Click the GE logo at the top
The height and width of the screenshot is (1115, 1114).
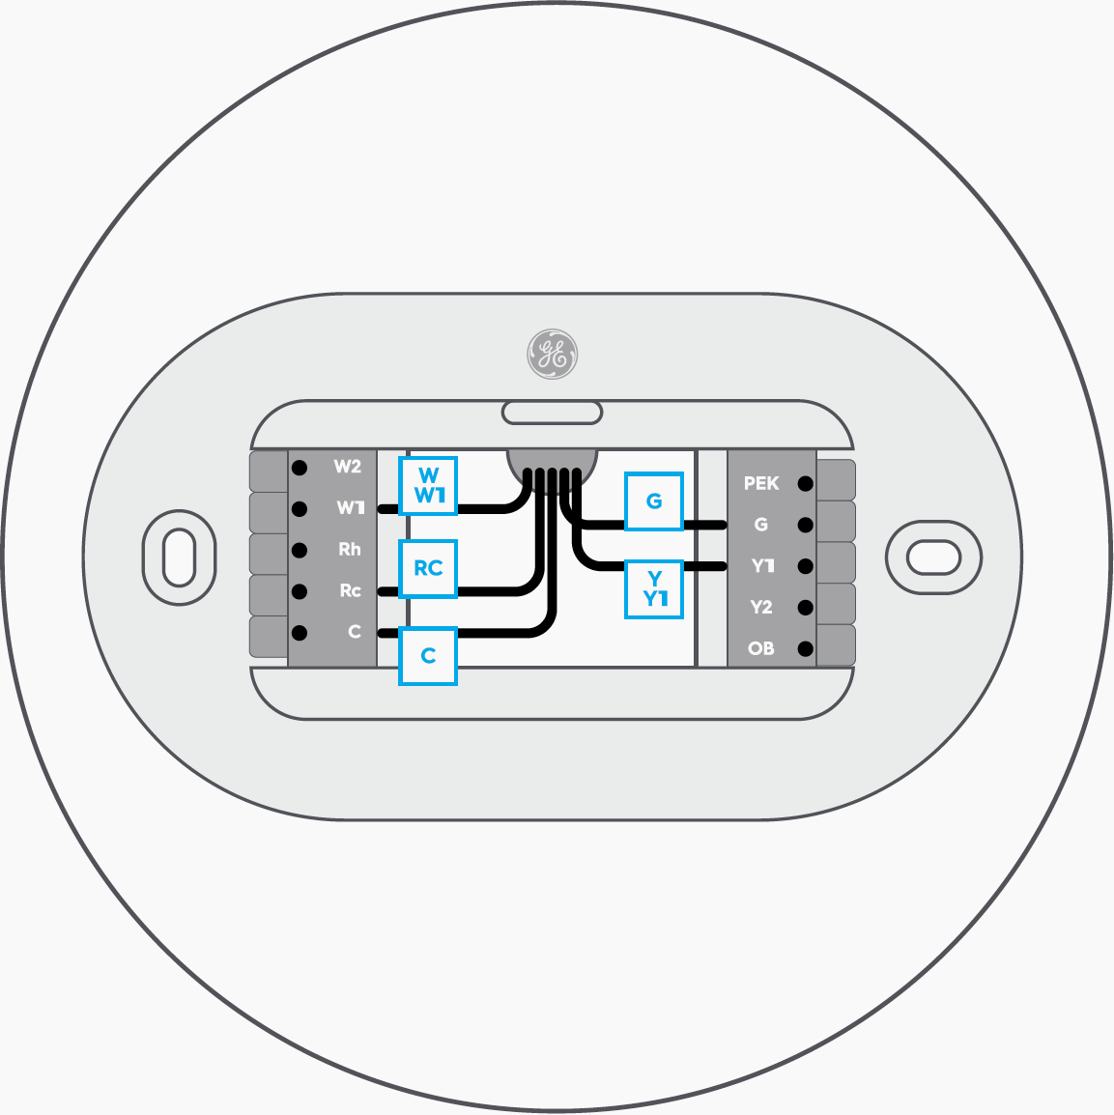pyautogui.click(x=553, y=354)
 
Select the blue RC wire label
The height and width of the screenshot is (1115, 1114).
pyautogui.click(x=428, y=568)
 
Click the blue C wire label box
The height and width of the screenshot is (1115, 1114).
pyautogui.click(x=428, y=656)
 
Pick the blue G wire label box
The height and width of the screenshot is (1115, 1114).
pyautogui.click(x=654, y=500)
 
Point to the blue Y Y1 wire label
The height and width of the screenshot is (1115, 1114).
pyautogui.click(x=654, y=588)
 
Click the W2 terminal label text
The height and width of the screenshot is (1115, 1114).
pyautogui.click(x=347, y=467)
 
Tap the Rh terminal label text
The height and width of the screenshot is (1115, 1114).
pyautogui.click(x=349, y=550)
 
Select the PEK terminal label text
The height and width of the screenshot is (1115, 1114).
pyautogui.click(x=761, y=483)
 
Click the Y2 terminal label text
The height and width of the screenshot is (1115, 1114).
pyautogui.click(x=761, y=608)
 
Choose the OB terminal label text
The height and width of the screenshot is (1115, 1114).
pyautogui.click(x=761, y=649)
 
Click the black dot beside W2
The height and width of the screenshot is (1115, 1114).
pyautogui.click(x=300, y=468)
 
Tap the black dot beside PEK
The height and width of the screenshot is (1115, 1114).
pyautogui.click(x=806, y=484)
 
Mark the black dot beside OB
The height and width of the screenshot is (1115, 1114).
pyautogui.click(x=806, y=649)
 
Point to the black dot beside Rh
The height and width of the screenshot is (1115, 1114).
pyautogui.click(x=300, y=551)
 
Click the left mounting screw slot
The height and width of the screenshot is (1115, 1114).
pyautogui.click(x=180, y=557)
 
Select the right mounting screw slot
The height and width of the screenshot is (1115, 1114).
pyautogui.click(x=933, y=557)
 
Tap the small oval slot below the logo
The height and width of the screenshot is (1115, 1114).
pyautogui.click(x=552, y=413)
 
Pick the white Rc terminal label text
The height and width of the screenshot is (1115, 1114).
pyautogui.click(x=350, y=590)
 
